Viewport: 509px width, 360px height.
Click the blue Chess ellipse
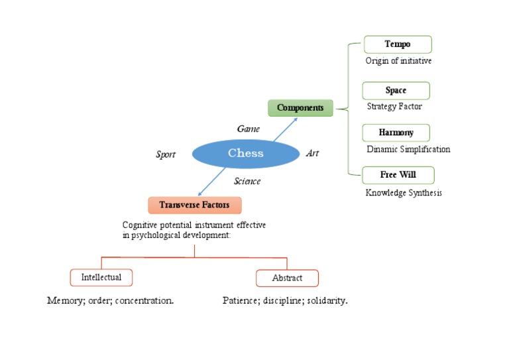tap(245, 154)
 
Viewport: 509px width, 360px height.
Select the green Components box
tap(300, 107)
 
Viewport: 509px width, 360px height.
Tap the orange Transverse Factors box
tap(194, 205)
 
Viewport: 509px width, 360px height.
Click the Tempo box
tap(398, 44)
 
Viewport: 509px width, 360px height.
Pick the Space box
tap(396, 91)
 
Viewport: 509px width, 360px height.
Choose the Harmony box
tap(396, 133)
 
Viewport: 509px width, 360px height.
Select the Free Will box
tap(398, 176)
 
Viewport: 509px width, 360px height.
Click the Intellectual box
tap(101, 276)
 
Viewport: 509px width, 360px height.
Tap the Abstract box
tap(287, 278)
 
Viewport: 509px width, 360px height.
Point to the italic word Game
tap(249, 129)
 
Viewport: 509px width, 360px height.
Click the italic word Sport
tap(165, 154)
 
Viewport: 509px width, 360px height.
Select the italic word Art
tap(312, 153)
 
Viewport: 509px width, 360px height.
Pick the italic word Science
tap(247, 181)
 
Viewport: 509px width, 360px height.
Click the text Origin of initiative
tap(398, 61)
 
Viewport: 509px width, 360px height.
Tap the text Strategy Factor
tap(394, 106)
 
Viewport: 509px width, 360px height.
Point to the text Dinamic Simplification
tap(408, 149)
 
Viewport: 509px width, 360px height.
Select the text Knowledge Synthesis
tap(404, 193)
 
